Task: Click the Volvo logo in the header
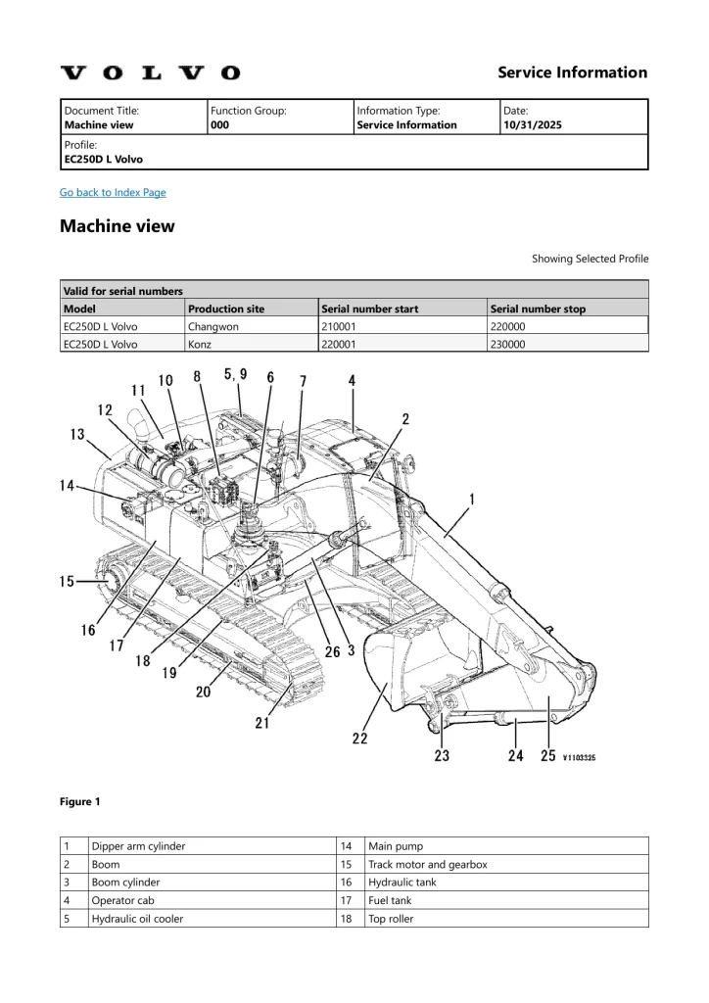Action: coord(150,72)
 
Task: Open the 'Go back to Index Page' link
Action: coord(113,192)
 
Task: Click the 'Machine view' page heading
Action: coord(118,226)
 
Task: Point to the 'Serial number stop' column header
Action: coord(538,309)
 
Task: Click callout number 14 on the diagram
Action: coord(67,485)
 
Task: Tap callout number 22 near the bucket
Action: coord(359,738)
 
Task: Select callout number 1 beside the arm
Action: coord(472,499)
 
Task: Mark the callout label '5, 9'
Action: coord(235,373)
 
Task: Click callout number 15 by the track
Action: coord(67,582)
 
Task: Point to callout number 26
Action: coord(332,651)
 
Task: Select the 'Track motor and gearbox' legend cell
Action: coord(427,864)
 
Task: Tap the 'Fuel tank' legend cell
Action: coord(389,900)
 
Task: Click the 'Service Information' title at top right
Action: coord(572,72)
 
